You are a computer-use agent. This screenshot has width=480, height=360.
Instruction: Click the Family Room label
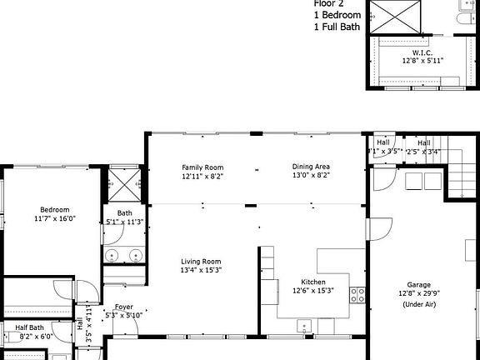pyautogui.click(x=203, y=167)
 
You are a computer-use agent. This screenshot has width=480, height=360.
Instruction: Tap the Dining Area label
pyautogui.click(x=311, y=167)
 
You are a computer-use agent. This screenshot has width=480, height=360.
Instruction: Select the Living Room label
pyautogui.click(x=201, y=262)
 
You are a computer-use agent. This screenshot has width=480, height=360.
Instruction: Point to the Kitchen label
pyautogui.click(x=312, y=282)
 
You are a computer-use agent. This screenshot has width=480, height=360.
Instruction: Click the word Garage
pyautogui.click(x=419, y=284)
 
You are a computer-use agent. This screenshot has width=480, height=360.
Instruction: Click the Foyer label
pyautogui.click(x=123, y=307)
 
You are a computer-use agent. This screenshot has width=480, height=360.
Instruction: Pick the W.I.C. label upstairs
pyautogui.click(x=422, y=52)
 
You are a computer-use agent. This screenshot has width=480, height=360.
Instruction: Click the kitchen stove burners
pyautogui.click(x=357, y=294)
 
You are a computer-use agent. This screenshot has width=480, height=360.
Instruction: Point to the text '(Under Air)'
pyautogui.click(x=419, y=304)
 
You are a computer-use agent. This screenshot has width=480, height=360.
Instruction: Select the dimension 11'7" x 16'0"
pyautogui.click(x=55, y=219)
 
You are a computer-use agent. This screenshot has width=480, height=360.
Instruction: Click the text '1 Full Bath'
pyautogui.click(x=337, y=27)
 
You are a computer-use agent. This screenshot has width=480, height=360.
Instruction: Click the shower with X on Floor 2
pyautogui.click(x=397, y=17)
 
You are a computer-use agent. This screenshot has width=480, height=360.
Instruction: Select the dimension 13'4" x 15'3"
pyautogui.click(x=201, y=271)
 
